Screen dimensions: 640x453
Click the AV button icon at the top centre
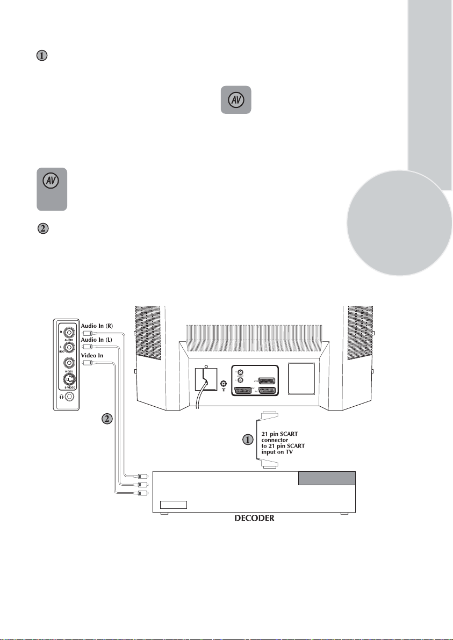click(x=235, y=99)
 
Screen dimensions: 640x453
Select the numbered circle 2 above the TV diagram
click(x=43, y=228)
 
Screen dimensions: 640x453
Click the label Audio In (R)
click(x=97, y=325)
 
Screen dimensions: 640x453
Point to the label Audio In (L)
click(x=96, y=339)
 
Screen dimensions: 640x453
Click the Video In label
click(x=92, y=354)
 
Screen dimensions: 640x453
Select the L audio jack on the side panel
click(x=68, y=347)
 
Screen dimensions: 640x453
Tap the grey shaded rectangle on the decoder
click(x=327, y=478)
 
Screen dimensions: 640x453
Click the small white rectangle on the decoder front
click(x=174, y=504)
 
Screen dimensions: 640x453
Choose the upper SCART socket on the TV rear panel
click(x=266, y=379)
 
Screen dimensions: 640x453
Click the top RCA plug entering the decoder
click(x=142, y=476)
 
